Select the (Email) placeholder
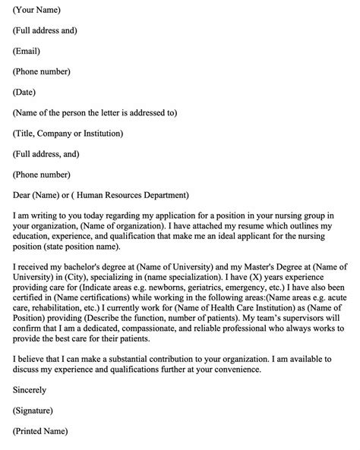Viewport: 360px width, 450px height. coord(27,52)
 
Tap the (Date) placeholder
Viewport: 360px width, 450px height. coord(26,93)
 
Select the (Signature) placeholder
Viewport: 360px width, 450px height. coord(36,411)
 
